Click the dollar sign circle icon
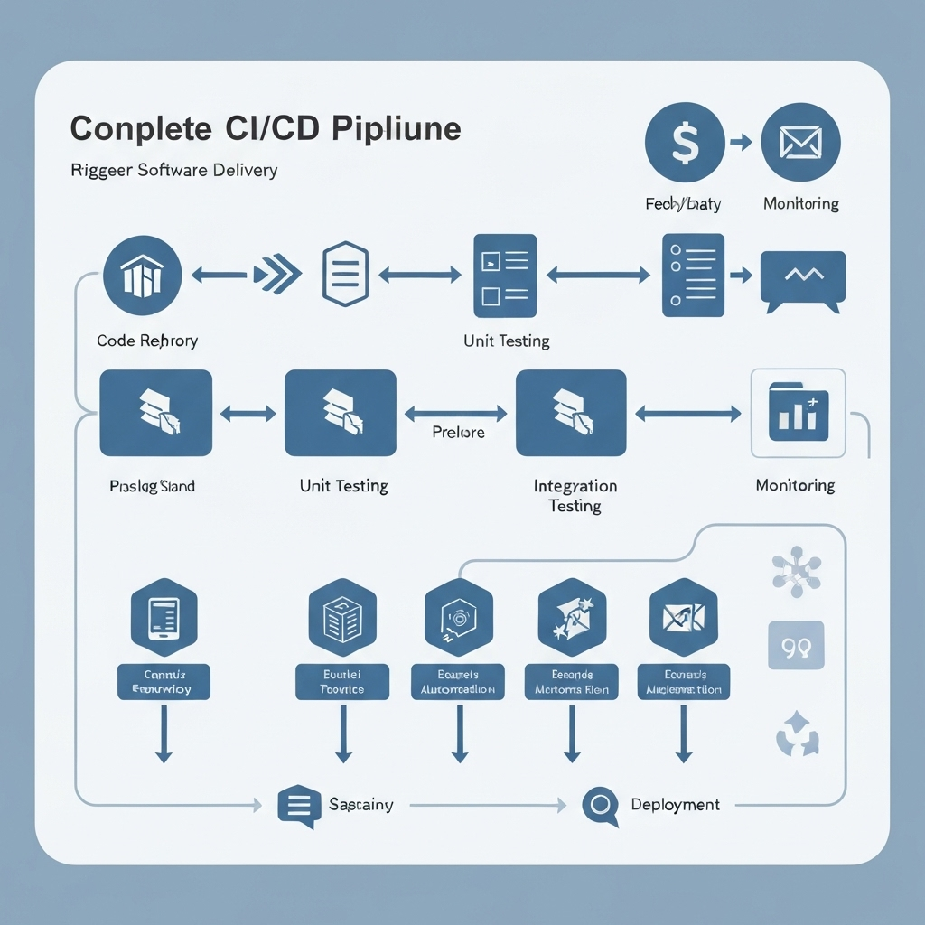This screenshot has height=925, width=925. [x=686, y=142]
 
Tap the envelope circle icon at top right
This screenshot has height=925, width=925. [x=801, y=142]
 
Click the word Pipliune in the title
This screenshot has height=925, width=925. [x=397, y=128]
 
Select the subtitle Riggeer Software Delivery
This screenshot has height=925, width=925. [x=173, y=170]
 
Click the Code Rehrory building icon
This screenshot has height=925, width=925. [x=143, y=276]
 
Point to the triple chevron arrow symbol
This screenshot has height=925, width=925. [x=277, y=276]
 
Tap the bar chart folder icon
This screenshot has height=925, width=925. [x=799, y=413]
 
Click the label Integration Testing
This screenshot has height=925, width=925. [x=575, y=496]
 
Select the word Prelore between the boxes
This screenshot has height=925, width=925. [x=458, y=433]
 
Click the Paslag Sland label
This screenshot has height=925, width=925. [x=152, y=486]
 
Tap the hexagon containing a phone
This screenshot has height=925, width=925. [x=164, y=617]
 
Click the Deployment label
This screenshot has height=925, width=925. [x=675, y=804]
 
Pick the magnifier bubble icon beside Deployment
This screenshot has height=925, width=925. [x=600, y=804]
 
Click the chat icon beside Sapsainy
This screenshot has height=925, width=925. [x=298, y=804]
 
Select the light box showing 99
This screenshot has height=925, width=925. [x=796, y=645]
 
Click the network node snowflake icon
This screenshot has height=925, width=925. [x=796, y=571]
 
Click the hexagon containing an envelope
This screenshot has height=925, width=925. [x=684, y=617]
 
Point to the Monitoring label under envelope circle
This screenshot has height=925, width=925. [x=801, y=204]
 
